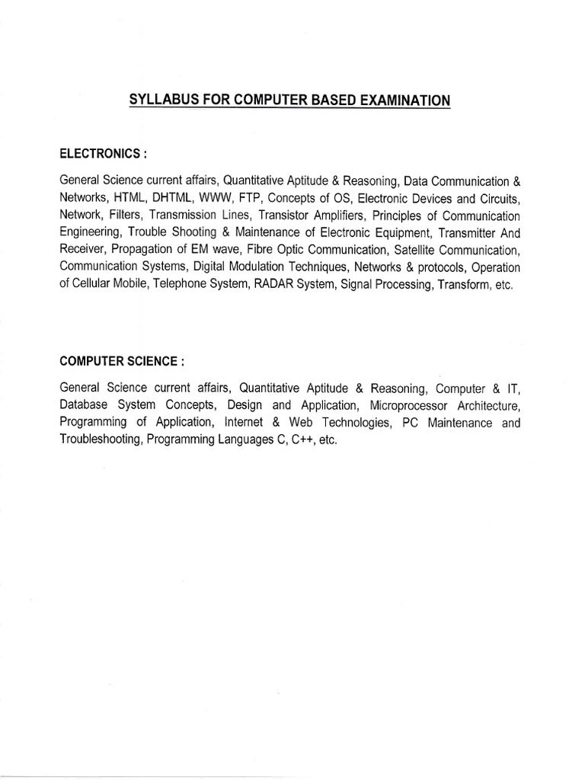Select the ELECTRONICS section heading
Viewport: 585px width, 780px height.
click(99, 153)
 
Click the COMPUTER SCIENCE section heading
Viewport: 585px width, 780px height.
click(117, 358)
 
